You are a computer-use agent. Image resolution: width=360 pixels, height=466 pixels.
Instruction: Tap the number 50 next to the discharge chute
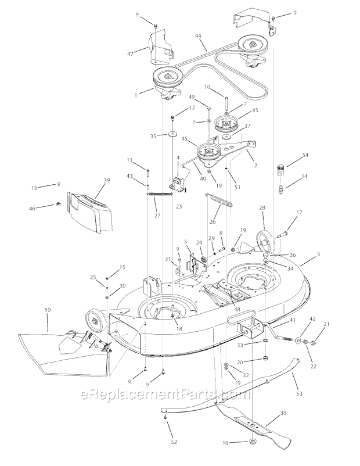[x=48, y=311]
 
